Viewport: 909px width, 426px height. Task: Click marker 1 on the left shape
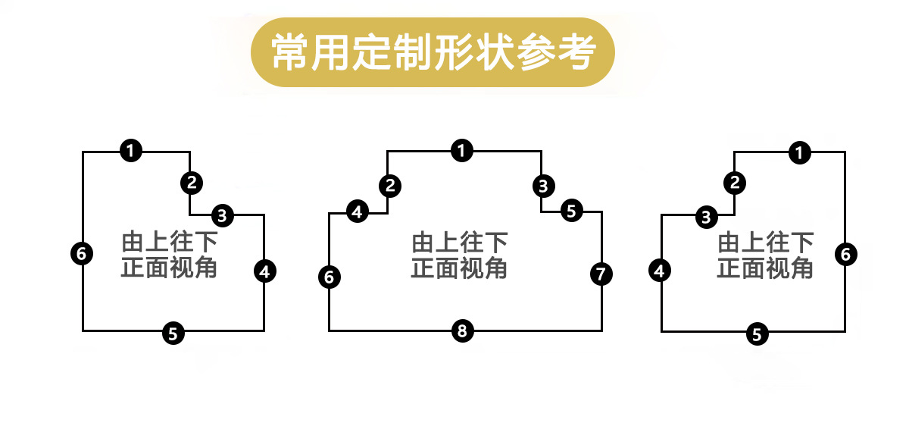pyautogui.click(x=131, y=151)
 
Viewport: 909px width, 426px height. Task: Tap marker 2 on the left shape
pyautogui.click(x=192, y=182)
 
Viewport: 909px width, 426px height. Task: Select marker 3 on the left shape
pyautogui.click(x=222, y=215)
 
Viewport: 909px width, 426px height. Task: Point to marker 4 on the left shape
pyautogui.click(x=264, y=271)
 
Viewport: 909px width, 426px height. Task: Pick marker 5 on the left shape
pyautogui.click(x=173, y=332)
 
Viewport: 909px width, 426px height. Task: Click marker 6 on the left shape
pyautogui.click(x=82, y=253)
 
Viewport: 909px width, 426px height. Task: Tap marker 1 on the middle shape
pyautogui.click(x=461, y=151)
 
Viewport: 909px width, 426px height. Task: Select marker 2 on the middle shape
pyautogui.click(x=389, y=184)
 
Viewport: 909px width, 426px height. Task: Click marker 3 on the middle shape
pyautogui.click(x=542, y=184)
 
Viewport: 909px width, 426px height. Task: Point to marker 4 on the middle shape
pyautogui.click(x=358, y=212)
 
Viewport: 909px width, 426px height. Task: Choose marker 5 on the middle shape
pyautogui.click(x=571, y=211)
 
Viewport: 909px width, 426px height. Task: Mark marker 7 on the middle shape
pyautogui.click(x=600, y=274)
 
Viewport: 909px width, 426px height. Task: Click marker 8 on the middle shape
pyautogui.click(x=463, y=330)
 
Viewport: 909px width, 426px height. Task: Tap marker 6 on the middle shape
pyautogui.click(x=329, y=277)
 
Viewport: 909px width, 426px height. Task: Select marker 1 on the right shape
pyautogui.click(x=799, y=152)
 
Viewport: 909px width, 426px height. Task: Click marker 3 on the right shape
pyautogui.click(x=706, y=217)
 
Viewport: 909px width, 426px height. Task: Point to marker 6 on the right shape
pyautogui.click(x=846, y=254)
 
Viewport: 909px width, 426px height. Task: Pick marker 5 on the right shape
pyautogui.click(x=757, y=333)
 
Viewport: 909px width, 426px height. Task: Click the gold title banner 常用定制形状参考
pyautogui.click(x=432, y=52)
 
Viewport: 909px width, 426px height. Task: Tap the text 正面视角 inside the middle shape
pyautogui.click(x=459, y=268)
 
